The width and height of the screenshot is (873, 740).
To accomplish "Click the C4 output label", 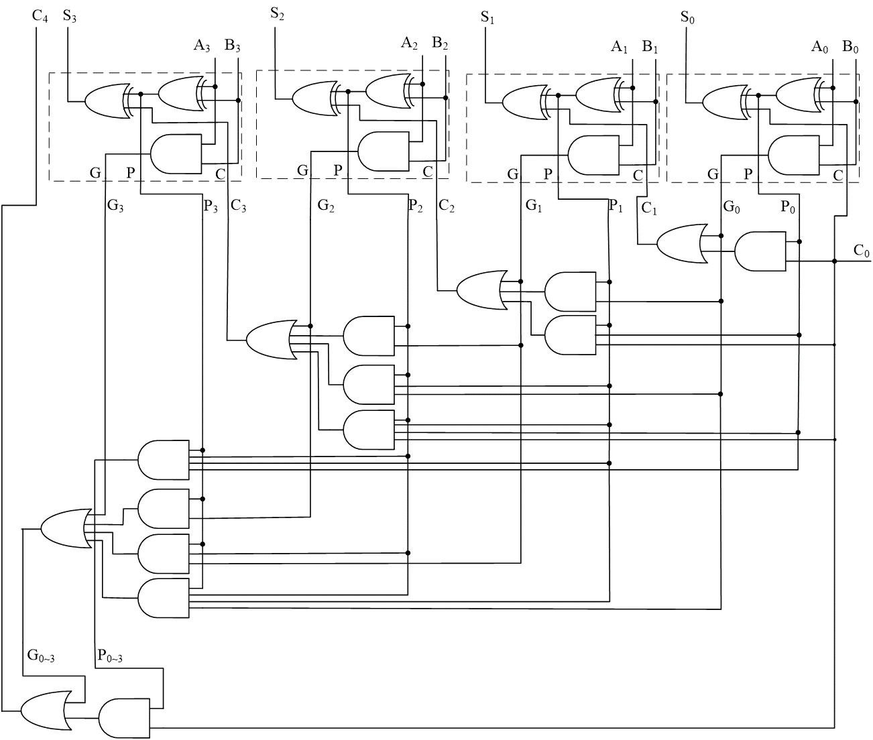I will pos(40,16).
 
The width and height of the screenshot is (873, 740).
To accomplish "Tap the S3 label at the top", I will pos(70,16).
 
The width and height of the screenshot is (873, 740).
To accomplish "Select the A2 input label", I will pos(410,44).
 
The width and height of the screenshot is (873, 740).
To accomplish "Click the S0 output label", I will pos(688,16).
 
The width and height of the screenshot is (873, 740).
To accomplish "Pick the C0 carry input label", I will pos(862,251).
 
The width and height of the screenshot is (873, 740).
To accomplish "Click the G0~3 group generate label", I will pos(41,655).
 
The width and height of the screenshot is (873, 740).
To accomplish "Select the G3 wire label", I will pos(115,206).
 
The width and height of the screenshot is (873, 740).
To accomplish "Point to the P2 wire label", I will pos(416,206).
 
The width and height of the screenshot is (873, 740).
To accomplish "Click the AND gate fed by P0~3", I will pos(124,719).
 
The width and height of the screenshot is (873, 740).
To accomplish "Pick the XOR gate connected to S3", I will pos(108,102).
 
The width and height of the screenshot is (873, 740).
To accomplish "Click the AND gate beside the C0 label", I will pos(760,252).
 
